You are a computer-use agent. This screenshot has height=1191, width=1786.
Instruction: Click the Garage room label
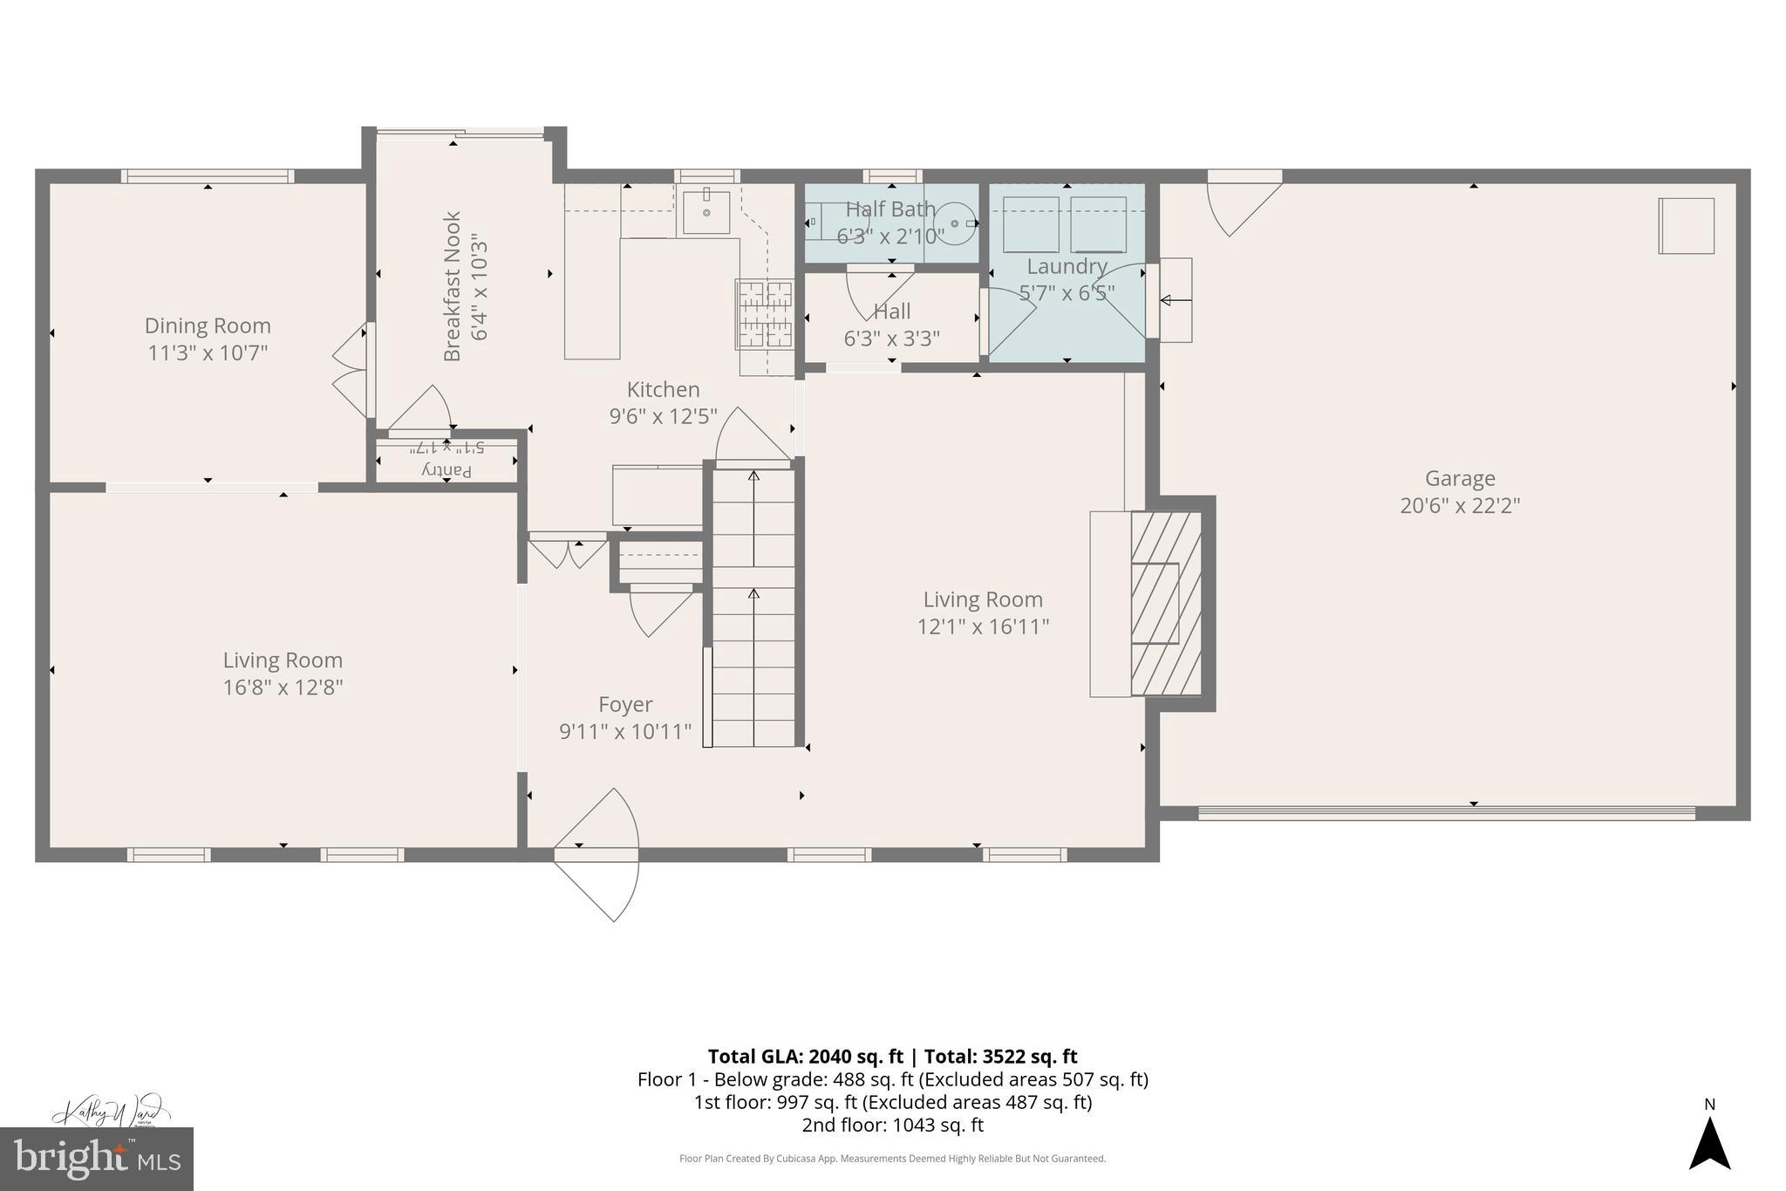[x=1460, y=478]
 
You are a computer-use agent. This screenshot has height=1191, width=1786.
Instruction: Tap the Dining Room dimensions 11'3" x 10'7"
[x=208, y=353]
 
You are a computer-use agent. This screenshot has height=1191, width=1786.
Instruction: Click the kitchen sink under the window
[x=706, y=211]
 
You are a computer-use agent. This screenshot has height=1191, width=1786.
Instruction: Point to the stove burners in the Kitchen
[x=765, y=313]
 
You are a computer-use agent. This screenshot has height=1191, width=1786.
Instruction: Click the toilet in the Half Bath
[x=959, y=223]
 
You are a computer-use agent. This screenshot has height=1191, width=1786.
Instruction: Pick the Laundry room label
[x=1067, y=266]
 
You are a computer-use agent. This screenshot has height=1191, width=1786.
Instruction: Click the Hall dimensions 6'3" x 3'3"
[x=891, y=339]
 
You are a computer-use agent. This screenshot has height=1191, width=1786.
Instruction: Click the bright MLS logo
[x=96, y=1159]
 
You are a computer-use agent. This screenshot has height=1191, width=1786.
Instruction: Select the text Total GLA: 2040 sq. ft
[x=805, y=1057]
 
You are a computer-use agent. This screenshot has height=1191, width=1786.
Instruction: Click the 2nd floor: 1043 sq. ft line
[x=892, y=1125]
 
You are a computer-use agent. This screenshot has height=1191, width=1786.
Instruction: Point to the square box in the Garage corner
[x=1686, y=226]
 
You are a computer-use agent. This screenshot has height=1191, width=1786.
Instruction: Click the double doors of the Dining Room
[x=351, y=371]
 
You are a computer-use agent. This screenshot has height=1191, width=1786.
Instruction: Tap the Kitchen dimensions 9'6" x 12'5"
[x=663, y=416]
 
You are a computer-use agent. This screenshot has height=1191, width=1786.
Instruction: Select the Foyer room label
[x=625, y=704]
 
